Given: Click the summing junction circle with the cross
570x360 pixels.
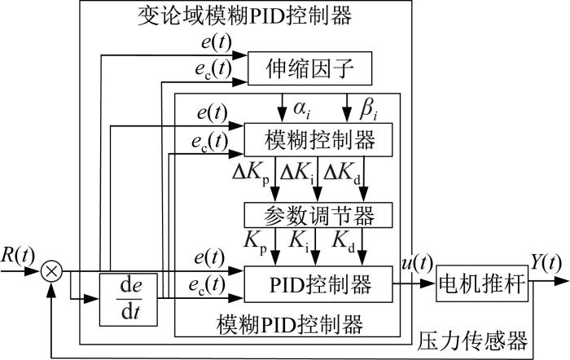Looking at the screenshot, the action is point(51,271).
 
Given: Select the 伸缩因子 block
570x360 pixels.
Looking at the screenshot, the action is point(309,68).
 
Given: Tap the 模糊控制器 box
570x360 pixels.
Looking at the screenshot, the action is point(318,140).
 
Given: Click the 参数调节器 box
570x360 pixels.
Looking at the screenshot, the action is point(318,215).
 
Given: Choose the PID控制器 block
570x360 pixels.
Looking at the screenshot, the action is point(318,284).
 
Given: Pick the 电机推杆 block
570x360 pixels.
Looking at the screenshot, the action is point(482,283).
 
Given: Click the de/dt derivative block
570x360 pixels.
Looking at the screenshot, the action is point(129,299).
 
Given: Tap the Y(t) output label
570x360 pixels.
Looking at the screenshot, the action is point(546,261).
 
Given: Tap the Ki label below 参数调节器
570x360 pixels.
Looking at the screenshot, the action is point(300,241).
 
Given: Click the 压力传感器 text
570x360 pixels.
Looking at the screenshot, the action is point(472,340).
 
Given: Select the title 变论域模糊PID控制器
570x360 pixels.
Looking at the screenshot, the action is point(245,15).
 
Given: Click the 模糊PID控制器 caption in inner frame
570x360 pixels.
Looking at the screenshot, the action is point(290,324).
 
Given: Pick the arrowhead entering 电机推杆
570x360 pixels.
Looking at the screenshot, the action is point(428,283).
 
